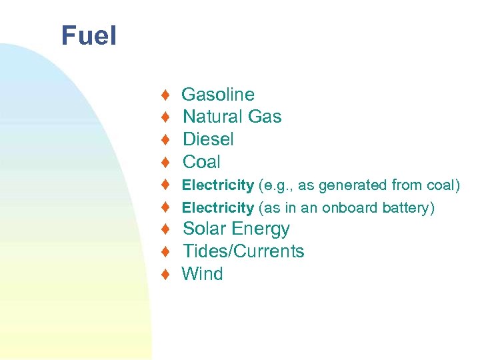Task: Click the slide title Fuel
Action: [x=89, y=36]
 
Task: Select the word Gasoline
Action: [x=218, y=95]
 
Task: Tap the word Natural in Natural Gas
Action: [x=213, y=117]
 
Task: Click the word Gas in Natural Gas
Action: [x=265, y=117]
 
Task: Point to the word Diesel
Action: [x=208, y=139]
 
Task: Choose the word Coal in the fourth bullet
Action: [x=201, y=162]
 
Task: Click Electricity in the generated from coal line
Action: [x=218, y=185]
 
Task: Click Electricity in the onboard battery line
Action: [x=218, y=208]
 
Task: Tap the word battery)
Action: [x=409, y=208]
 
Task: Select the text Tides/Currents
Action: [x=243, y=251]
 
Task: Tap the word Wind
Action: [x=203, y=274]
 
